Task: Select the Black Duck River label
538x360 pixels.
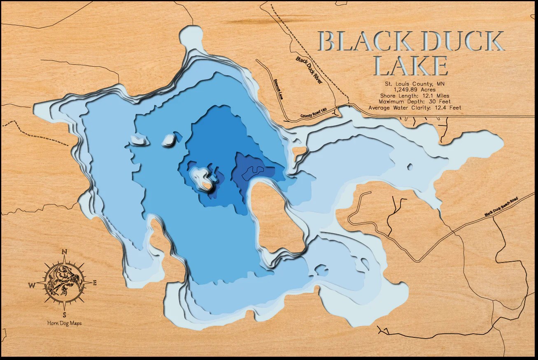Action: (x=309, y=70)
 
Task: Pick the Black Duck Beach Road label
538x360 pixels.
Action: (x=506, y=206)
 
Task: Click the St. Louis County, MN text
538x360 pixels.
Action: (x=415, y=84)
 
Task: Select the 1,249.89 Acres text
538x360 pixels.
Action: (x=415, y=90)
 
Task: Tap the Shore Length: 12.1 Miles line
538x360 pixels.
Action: (x=415, y=96)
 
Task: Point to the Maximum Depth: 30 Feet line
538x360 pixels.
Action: (x=415, y=102)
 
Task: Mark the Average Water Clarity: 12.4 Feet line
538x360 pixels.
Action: (x=415, y=108)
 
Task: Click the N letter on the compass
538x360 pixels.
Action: (x=65, y=252)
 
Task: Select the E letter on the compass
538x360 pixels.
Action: (x=95, y=283)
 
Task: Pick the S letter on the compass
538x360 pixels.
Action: (x=65, y=315)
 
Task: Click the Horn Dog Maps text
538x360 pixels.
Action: (x=64, y=323)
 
